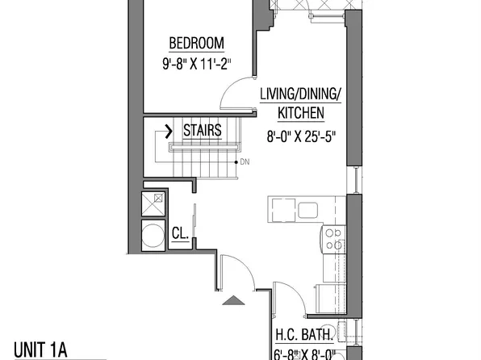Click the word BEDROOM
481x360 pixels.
(x=196, y=43)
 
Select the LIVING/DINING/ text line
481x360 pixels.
(x=300, y=94)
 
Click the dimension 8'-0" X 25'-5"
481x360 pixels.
(x=300, y=136)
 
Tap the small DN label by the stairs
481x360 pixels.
(x=245, y=161)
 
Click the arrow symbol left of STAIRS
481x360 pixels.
(x=169, y=130)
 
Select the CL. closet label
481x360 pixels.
(x=180, y=234)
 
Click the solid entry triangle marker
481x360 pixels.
(x=232, y=300)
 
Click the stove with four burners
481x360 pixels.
(x=333, y=239)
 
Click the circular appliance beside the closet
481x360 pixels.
(x=153, y=236)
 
